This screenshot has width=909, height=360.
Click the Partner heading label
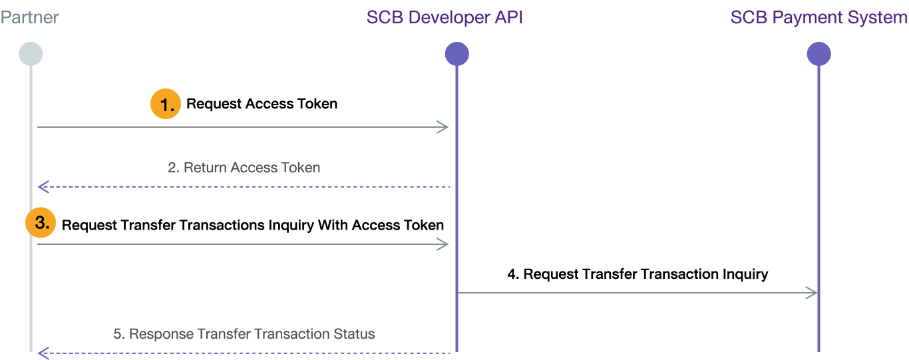tap(29, 17)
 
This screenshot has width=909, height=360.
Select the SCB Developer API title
tap(445, 17)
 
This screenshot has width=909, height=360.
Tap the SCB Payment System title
tap(818, 17)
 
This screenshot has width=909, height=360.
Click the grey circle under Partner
tap(31, 54)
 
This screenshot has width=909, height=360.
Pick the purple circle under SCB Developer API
tap(456, 54)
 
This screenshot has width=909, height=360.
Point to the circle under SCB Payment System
tap(818, 54)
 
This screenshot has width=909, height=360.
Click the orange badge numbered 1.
tap(166, 105)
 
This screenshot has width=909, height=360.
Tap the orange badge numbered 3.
tap(41, 224)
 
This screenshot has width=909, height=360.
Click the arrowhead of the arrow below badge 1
tap(444, 127)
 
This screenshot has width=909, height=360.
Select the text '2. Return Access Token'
tap(244, 168)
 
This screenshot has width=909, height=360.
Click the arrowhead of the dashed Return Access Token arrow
tap(43, 186)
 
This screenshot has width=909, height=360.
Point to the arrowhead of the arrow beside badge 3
tap(444, 244)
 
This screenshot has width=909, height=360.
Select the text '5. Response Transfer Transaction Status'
tap(244, 334)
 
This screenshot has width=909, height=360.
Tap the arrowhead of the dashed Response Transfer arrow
tap(43, 353)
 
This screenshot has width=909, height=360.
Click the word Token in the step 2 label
tap(301, 168)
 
